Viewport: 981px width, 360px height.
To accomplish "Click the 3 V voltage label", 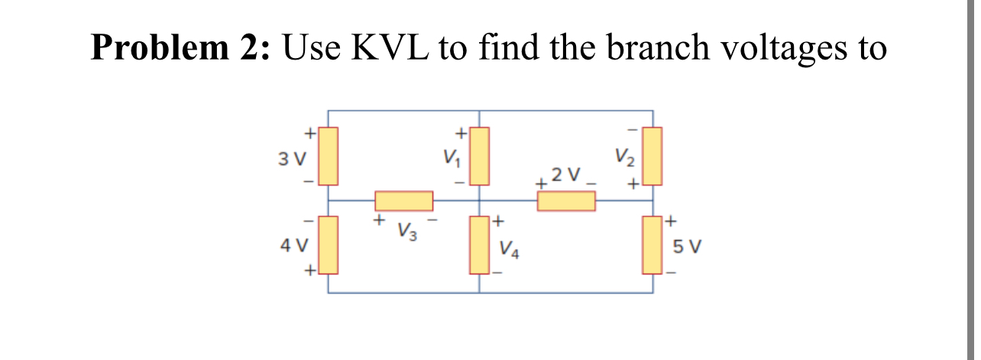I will click(292, 161).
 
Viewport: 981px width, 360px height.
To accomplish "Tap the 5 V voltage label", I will click(688, 248).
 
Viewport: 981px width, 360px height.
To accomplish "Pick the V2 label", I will click(624, 161).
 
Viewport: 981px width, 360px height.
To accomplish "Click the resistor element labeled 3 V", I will click(328, 156).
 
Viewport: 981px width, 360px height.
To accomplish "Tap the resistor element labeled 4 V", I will click(328, 245).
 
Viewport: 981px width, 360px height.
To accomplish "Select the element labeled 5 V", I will click(652, 245).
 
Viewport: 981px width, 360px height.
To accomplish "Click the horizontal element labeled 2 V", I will click(566, 201).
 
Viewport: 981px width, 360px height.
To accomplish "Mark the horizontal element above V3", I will click(403, 201).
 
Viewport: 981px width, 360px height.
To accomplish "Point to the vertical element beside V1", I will click(479, 156).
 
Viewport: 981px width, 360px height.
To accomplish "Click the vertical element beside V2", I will click(652, 156).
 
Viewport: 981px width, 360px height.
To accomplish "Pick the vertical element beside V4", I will click(479, 245).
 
